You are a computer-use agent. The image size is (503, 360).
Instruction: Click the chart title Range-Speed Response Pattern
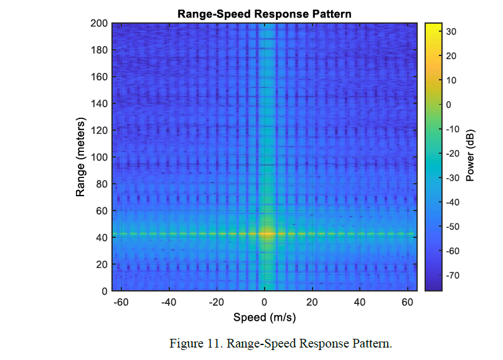[264, 13]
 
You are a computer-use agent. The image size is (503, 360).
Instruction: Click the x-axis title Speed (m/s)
[264, 318]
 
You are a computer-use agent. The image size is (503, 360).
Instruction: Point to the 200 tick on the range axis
[100, 24]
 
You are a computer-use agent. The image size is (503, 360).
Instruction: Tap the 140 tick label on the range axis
[100, 104]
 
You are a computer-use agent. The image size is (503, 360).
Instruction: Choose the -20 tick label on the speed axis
[216, 302]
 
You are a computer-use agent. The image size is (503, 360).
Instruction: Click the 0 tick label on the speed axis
[265, 302]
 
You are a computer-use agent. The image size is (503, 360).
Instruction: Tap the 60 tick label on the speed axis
[408, 302]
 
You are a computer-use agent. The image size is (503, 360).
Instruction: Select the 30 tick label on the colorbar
[453, 31]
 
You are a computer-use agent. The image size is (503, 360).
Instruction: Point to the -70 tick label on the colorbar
[454, 275]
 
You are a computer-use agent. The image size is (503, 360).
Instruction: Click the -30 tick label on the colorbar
[454, 178]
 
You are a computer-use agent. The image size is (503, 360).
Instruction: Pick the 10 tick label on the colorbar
[453, 80]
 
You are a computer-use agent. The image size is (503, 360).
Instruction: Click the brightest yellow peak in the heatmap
[266, 234]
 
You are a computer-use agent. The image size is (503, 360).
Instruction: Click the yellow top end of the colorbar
[433, 26]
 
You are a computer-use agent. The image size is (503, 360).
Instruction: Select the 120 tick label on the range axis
[100, 131]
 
